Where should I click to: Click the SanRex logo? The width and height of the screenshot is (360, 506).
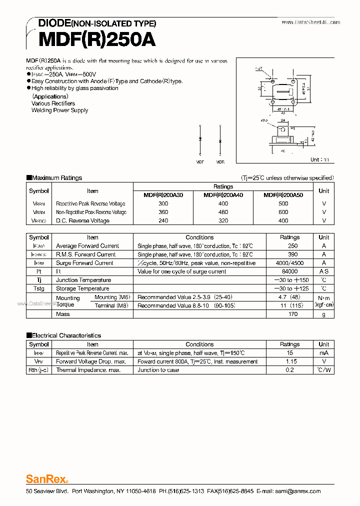pos(46,478)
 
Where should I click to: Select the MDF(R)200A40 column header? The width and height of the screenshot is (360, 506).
pos(223,195)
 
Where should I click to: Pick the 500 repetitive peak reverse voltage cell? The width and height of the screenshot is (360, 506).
pos(283,203)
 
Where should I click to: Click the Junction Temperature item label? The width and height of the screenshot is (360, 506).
pos(83,280)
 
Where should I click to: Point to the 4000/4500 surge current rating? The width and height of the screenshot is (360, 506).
pos(289,263)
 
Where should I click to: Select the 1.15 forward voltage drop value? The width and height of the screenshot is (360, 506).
pos(291,361)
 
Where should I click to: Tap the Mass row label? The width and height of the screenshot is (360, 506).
pos(63,314)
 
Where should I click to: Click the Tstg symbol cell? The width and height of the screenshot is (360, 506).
pos(38,288)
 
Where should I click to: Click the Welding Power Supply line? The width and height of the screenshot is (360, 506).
pos(59,110)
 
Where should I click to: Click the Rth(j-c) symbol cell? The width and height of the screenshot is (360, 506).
pos(38,370)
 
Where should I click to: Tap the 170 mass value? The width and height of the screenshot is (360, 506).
pos(293,314)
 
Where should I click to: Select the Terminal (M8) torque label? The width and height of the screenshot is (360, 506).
pos(111,305)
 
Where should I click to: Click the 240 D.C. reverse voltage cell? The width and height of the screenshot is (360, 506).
pos(163,220)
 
